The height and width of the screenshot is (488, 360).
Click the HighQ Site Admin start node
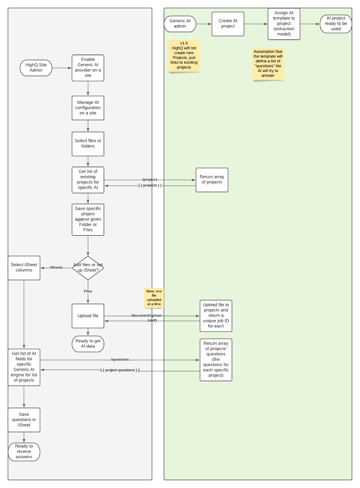[36, 68]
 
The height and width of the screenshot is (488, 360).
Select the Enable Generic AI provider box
[88, 68]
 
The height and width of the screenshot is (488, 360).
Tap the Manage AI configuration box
[88, 108]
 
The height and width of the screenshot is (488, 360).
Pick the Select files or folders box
[88, 144]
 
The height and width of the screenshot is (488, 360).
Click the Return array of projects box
[212, 180]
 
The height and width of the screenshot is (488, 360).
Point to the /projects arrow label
[150, 180]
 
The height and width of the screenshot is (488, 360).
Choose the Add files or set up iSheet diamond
[88, 268]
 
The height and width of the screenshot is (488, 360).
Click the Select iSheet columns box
[24, 268]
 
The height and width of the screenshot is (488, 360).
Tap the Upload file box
[88, 316]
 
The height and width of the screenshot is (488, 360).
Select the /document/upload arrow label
[146, 316]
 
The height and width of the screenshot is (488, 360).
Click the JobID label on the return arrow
[152, 321]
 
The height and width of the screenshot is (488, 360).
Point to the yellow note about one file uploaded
[154, 298]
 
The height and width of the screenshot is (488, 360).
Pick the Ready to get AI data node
[88, 344]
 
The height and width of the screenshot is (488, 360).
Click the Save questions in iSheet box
[24, 420]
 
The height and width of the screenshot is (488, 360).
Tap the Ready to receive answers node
[24, 452]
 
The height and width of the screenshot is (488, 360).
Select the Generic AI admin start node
[180, 24]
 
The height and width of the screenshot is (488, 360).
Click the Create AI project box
[228, 24]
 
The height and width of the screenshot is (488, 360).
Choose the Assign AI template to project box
[284, 24]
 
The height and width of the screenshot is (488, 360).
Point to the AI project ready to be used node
[335, 24]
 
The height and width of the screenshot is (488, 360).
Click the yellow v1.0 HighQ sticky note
[184, 56]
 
